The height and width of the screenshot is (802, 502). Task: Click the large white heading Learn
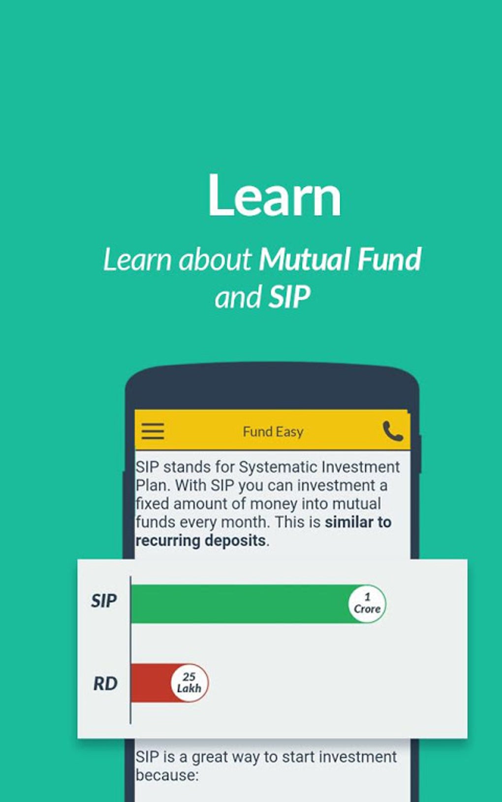click(274, 196)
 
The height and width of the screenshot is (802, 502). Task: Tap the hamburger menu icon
click(153, 431)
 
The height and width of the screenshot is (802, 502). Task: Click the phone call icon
click(393, 432)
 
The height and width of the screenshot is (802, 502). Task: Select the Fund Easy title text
click(273, 432)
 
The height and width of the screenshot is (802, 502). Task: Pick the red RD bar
click(151, 683)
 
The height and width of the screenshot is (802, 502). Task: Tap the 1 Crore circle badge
click(367, 604)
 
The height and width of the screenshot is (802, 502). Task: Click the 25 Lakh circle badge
click(189, 683)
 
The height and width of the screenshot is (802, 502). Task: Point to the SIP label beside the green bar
click(104, 601)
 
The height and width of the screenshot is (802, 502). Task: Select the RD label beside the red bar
click(105, 683)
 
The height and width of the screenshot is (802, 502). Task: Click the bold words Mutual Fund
click(340, 259)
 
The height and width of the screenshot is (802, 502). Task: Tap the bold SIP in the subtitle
click(289, 297)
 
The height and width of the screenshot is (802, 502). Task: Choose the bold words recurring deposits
click(201, 540)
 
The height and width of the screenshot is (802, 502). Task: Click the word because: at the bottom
click(167, 775)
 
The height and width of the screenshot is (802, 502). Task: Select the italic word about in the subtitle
click(215, 259)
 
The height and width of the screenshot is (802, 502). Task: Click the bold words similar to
click(358, 522)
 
